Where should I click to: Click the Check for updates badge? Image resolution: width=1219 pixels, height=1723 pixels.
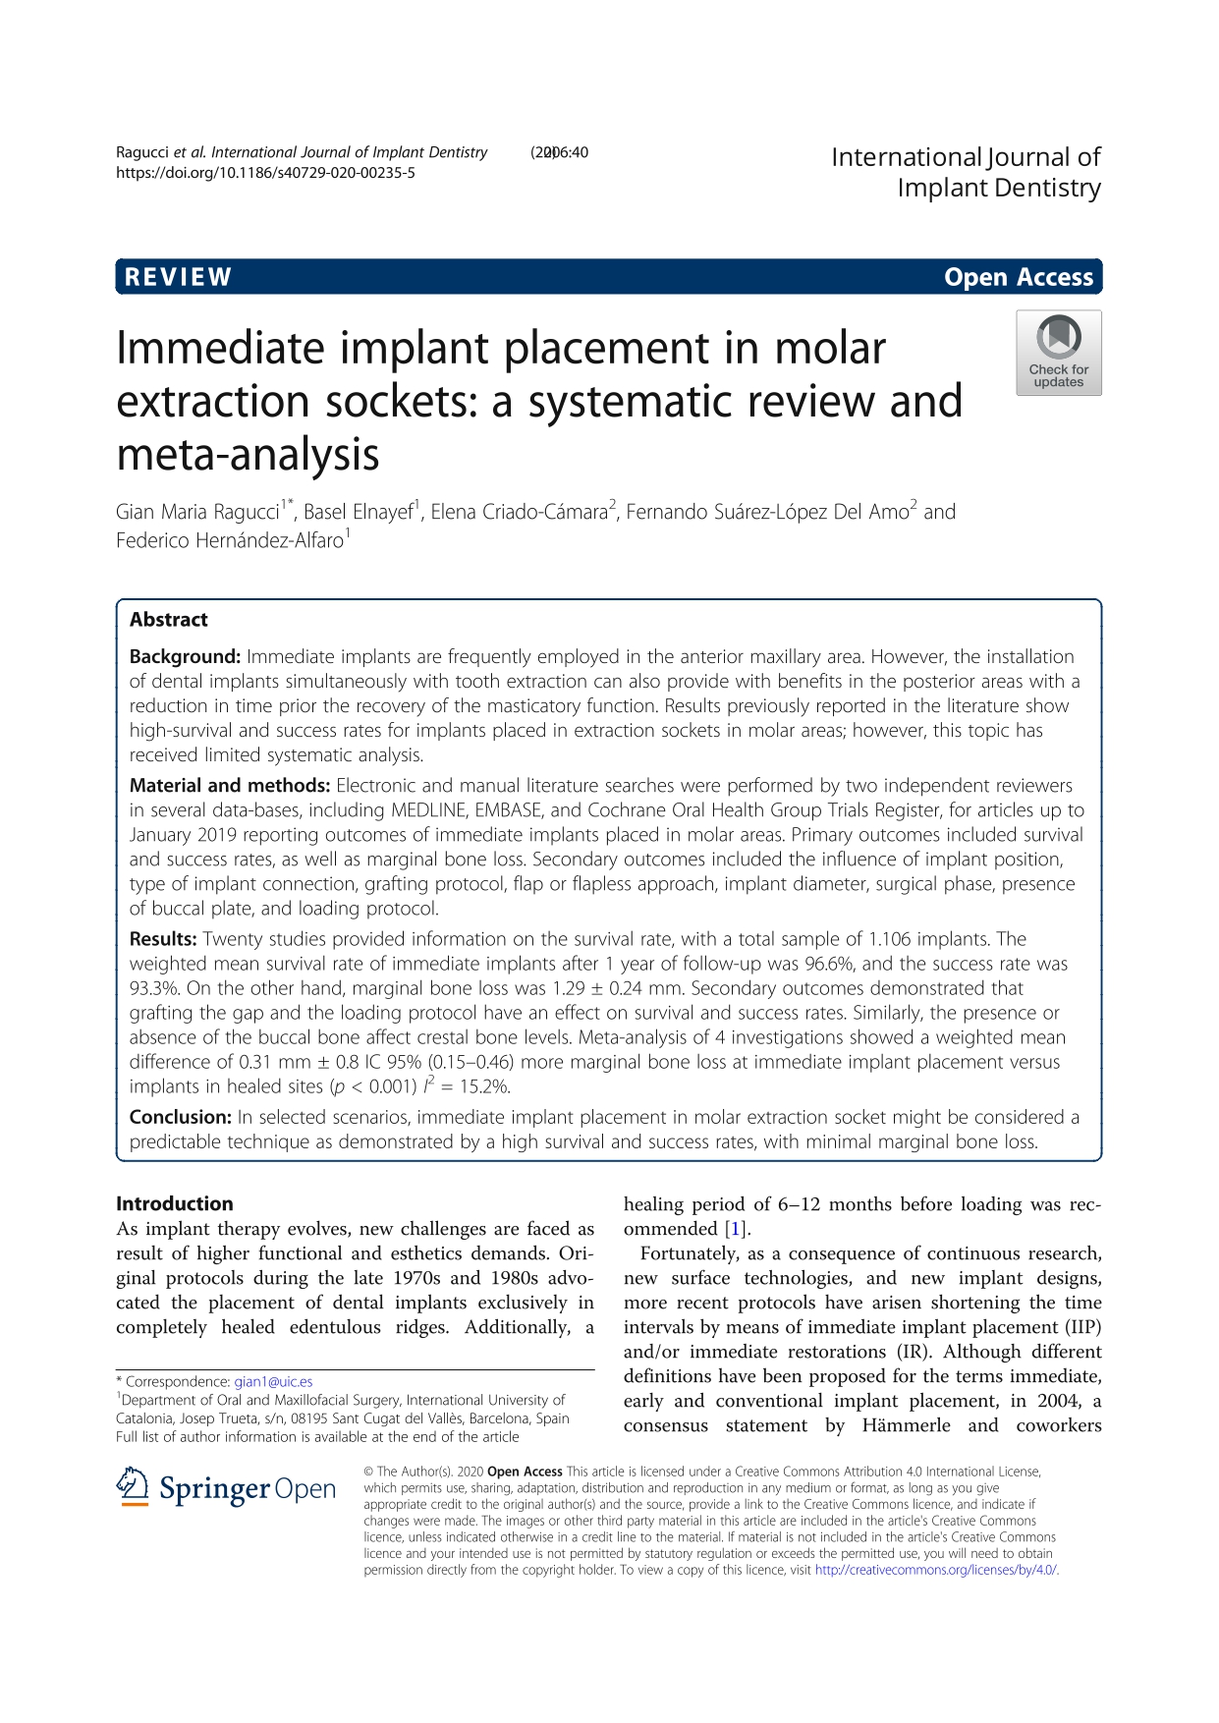(1058, 354)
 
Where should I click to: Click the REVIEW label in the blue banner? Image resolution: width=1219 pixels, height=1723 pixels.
(178, 277)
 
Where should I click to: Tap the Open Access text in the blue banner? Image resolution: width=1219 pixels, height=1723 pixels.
(1018, 277)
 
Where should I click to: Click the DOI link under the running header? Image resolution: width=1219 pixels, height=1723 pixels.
(265, 173)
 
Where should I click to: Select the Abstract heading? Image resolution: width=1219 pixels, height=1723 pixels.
(169, 620)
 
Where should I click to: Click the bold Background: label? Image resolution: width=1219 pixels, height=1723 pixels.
(185, 656)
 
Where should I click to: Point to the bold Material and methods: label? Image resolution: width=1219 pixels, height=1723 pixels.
(230, 785)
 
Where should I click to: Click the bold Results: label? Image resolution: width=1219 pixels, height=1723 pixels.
(163, 939)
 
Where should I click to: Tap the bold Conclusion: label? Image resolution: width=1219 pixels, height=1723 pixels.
(181, 1117)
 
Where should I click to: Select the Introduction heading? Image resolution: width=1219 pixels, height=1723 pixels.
(175, 1203)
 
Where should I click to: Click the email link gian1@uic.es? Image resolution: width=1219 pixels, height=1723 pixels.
(273, 1381)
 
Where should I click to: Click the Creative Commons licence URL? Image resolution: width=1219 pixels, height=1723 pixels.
(936, 1570)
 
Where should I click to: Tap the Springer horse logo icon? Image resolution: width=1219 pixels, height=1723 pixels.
(133, 1487)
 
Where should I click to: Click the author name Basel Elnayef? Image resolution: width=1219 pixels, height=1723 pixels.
(358, 512)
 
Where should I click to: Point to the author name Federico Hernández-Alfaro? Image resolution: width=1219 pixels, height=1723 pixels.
(230, 540)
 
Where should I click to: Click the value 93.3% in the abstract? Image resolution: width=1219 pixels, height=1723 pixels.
(151, 988)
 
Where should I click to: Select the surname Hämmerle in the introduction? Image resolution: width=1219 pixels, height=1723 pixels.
(906, 1425)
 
